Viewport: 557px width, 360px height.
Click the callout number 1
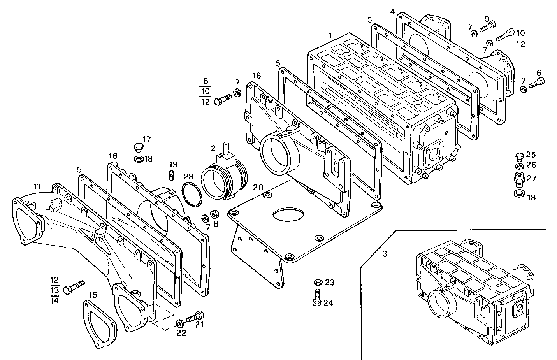[330, 35]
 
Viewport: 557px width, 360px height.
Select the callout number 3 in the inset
[385, 254]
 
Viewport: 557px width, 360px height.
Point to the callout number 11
[36, 186]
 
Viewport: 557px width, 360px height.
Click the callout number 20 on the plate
[258, 188]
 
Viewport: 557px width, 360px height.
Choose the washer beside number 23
[317, 282]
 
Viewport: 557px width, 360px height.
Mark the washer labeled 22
[180, 323]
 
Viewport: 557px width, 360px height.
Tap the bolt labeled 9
[487, 26]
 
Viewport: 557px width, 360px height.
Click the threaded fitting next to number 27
[519, 179]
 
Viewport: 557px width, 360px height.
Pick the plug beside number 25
[519, 156]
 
